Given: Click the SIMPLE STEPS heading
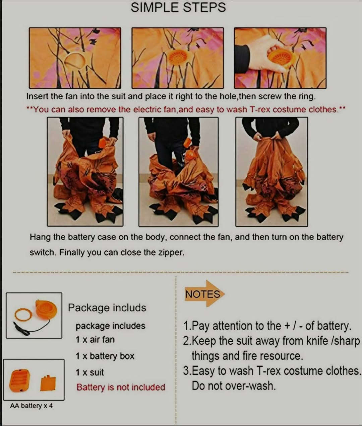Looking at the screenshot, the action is [178, 7].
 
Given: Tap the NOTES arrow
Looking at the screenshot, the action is [204, 294].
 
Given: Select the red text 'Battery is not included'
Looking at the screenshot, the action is [121, 387].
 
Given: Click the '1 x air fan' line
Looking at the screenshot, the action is [95, 340].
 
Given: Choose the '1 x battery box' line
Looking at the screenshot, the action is [105, 356].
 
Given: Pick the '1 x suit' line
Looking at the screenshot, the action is [90, 372].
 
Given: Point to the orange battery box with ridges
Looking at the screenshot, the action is [19, 380].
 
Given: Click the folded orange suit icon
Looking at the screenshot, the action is [48, 383].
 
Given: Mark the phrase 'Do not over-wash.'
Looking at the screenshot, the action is [234, 386].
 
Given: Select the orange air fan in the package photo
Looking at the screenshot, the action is [46, 309].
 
